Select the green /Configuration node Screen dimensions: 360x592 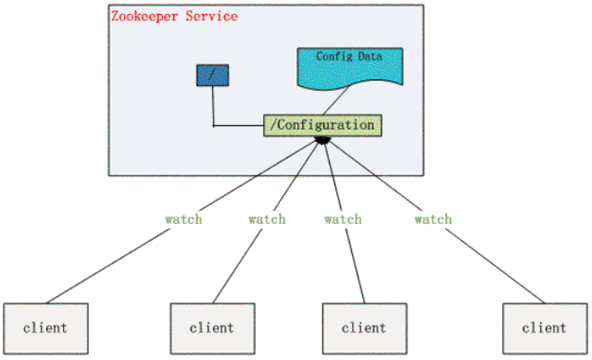(321, 125)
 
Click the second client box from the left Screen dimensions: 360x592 (210, 327)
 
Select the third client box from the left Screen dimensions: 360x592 (363, 327)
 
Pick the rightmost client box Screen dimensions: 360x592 (543, 327)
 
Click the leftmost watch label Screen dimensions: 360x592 (184, 219)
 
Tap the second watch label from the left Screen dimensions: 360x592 (266, 219)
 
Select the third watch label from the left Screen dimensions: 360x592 (343, 219)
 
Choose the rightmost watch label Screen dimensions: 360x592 (433, 219)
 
